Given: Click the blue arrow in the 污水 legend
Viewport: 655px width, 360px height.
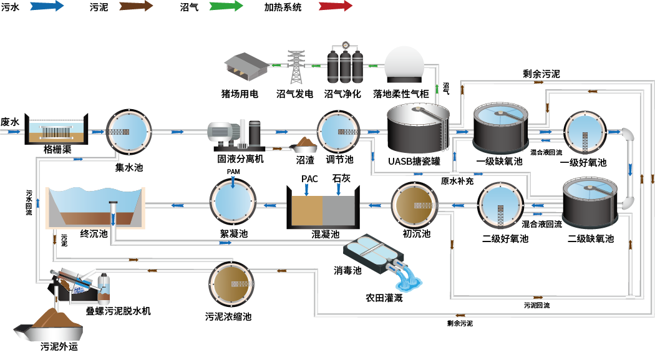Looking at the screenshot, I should [x=46, y=7].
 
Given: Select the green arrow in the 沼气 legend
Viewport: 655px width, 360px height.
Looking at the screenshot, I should [x=226, y=7].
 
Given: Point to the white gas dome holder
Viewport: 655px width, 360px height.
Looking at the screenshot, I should [x=404, y=66].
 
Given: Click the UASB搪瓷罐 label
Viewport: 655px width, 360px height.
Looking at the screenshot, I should [x=414, y=161].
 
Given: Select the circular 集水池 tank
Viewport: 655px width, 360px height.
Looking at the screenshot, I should [x=129, y=132].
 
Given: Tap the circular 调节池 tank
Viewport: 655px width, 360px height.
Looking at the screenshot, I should [x=339, y=132].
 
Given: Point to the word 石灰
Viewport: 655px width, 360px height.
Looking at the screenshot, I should [x=341, y=178].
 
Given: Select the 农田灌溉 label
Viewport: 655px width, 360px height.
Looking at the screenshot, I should [x=384, y=298].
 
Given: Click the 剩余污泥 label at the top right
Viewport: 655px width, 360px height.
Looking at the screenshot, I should [x=541, y=74].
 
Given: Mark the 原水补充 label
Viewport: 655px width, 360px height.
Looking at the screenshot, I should [x=457, y=181].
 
